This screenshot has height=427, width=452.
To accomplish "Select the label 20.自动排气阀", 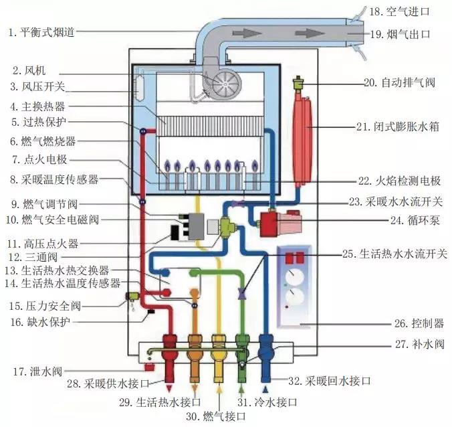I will pyautogui.click(x=399, y=83).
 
